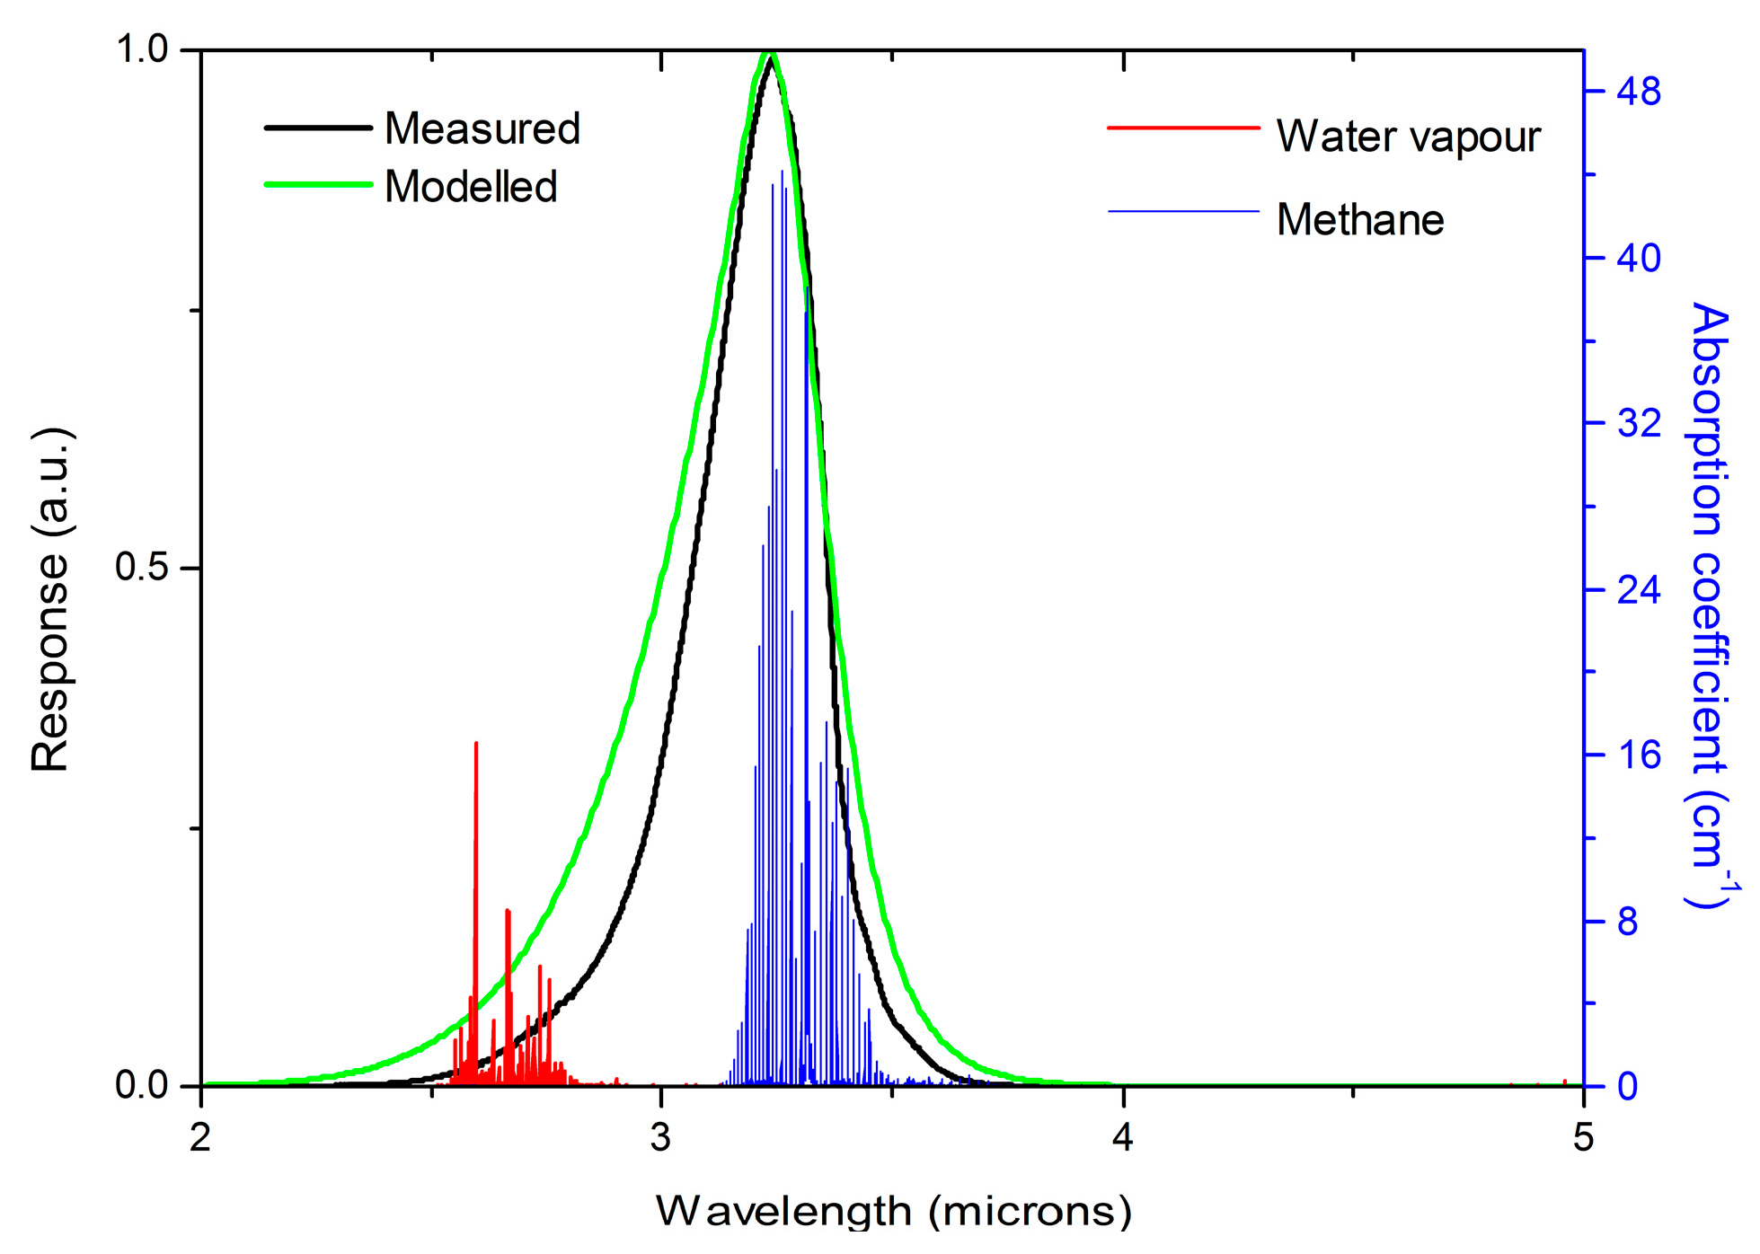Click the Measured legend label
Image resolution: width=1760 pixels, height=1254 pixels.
click(482, 128)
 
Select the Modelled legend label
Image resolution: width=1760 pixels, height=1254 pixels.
click(471, 187)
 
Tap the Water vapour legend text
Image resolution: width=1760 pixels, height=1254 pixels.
click(1408, 137)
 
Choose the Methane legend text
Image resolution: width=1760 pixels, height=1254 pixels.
click(1359, 220)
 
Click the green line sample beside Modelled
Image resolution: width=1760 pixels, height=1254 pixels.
click(318, 185)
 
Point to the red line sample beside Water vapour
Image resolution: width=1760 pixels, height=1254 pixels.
click(1183, 128)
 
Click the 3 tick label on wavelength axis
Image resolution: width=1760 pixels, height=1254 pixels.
click(661, 1138)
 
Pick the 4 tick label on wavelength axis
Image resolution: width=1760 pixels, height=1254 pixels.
click(1122, 1138)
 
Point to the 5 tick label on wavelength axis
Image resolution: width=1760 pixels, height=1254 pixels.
click(1583, 1138)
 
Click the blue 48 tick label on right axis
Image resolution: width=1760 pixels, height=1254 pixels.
click(1639, 92)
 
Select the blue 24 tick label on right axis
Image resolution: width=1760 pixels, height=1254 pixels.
click(1639, 589)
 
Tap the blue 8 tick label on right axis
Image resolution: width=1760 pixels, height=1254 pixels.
click(1628, 922)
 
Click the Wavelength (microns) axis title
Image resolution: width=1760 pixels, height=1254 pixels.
click(893, 1212)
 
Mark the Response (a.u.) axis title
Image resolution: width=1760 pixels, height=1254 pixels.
click(50, 600)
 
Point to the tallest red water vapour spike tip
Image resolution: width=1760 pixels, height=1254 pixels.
click(476, 744)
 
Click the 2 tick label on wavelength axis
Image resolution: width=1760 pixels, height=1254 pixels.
click(200, 1138)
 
